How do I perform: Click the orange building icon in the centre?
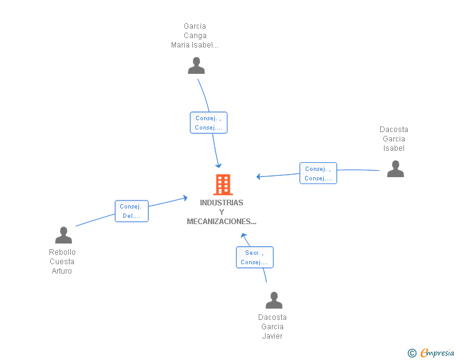223,184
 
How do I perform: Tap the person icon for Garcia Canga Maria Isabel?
196,66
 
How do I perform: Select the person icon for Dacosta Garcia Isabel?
395,168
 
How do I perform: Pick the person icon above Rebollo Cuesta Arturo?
63,235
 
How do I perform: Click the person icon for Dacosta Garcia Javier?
274,300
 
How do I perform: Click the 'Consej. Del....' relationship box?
132,211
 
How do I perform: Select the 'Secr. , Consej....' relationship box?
255,257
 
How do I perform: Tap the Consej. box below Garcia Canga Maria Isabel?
209,123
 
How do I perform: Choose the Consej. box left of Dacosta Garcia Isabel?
318,173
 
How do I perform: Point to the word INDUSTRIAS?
222,203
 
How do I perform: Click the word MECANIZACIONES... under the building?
222,222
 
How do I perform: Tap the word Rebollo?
62,252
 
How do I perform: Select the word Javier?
272,336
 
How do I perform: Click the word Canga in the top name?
195,36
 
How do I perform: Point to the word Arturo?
61,271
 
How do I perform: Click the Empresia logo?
437,353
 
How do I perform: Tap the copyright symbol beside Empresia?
412,353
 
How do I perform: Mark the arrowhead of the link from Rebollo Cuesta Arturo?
185,198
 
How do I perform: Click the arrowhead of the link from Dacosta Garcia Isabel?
259,177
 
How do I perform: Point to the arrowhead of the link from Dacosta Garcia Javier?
244,235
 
